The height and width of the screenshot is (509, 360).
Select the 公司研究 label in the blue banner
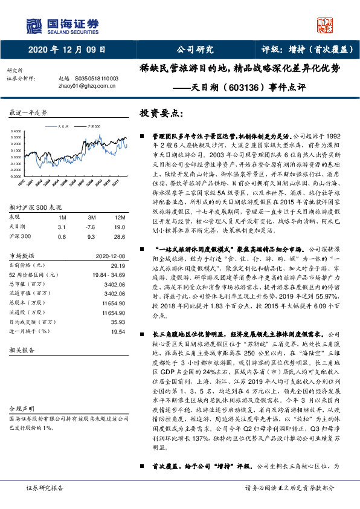tap(194, 50)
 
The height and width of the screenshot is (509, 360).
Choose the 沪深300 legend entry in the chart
tap(95, 126)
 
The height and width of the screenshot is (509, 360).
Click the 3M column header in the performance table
tap(91, 216)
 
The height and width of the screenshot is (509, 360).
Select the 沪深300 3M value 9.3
tap(91, 236)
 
